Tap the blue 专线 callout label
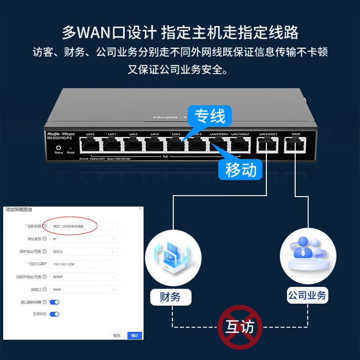coord(210,116)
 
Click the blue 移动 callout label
coord(241,169)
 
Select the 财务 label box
coord(170,297)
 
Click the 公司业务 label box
coord(307,296)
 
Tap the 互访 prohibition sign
coord(237,326)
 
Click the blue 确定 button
coord(135,335)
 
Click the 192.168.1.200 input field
coord(84,264)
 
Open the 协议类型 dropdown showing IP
coord(84,239)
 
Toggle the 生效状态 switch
coord(54,314)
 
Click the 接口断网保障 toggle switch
coord(54,302)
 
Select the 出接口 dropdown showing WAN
coord(84,289)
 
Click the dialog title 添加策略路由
coord(18,210)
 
